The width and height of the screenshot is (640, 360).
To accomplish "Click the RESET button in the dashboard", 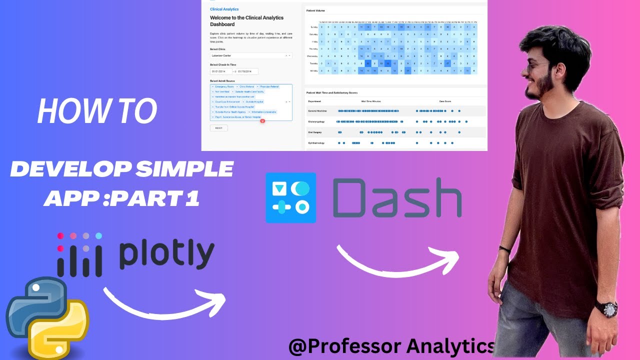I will [x=218, y=128].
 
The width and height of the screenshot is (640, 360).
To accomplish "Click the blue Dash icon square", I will [x=291, y=197].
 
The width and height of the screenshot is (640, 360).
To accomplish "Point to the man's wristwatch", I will [x=609, y=309].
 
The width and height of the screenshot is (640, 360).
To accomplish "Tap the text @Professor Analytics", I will [x=391, y=345].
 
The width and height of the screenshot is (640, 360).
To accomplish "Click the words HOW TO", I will [x=97, y=111].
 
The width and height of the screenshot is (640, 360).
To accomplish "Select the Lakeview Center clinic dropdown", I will [x=250, y=56].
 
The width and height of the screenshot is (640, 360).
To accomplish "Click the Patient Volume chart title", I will [x=315, y=10].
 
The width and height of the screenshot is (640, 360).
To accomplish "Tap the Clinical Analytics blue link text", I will [x=224, y=9].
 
